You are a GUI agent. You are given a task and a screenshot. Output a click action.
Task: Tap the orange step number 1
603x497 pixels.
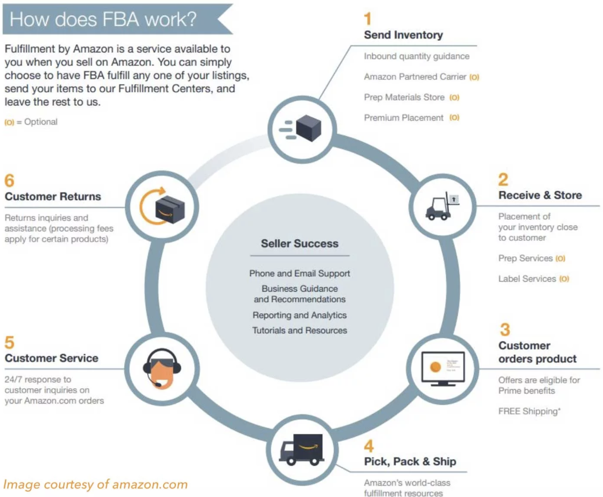point(368,19)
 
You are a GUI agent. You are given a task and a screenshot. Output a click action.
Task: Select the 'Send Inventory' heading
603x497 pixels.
point(403,35)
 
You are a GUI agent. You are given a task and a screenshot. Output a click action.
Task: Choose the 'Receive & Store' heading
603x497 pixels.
point(540,195)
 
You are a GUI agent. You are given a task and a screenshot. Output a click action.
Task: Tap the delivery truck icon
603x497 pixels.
point(302,450)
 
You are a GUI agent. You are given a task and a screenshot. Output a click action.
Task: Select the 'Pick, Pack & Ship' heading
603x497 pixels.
point(410,461)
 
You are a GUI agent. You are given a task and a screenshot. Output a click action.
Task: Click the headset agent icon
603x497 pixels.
point(162,368)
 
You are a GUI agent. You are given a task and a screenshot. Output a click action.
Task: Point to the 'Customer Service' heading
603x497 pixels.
point(52,358)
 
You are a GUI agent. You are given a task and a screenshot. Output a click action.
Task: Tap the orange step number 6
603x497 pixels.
point(9,181)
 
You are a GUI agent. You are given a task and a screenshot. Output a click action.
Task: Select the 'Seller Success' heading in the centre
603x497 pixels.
point(300,243)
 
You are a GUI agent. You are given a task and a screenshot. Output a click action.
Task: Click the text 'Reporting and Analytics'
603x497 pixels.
point(300,315)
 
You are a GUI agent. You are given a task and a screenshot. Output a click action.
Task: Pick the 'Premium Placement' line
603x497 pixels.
point(403,118)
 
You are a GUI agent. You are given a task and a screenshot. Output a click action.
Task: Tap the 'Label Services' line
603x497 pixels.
point(527,279)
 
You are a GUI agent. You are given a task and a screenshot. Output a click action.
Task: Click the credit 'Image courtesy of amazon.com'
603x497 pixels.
point(95,484)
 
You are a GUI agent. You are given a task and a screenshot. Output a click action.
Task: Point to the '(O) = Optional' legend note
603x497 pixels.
point(31,122)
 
